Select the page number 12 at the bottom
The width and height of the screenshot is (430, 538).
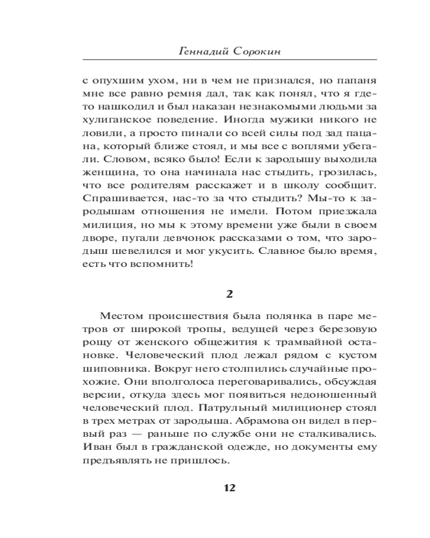230,488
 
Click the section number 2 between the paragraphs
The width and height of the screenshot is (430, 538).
230,293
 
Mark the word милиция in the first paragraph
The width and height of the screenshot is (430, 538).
104,224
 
